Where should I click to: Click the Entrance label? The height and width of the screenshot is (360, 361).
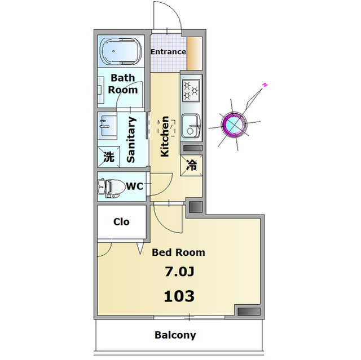(x=168, y=52)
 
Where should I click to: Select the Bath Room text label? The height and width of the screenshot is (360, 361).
(x=123, y=83)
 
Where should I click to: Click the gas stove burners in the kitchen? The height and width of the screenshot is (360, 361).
(x=191, y=89)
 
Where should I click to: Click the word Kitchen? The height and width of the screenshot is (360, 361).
(x=165, y=136)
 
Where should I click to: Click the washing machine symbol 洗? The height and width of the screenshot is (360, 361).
(x=108, y=157)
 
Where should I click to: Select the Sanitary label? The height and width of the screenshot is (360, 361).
(x=131, y=140)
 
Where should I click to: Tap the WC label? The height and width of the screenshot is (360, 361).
(x=134, y=186)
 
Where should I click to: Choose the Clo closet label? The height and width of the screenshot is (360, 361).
(x=121, y=221)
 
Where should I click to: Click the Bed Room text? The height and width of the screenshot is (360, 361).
(x=178, y=252)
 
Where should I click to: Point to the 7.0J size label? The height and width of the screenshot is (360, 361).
(x=179, y=272)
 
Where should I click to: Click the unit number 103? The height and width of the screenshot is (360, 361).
(x=179, y=295)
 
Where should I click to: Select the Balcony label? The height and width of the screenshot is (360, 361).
(x=175, y=335)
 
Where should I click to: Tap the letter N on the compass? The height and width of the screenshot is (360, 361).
(x=263, y=85)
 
